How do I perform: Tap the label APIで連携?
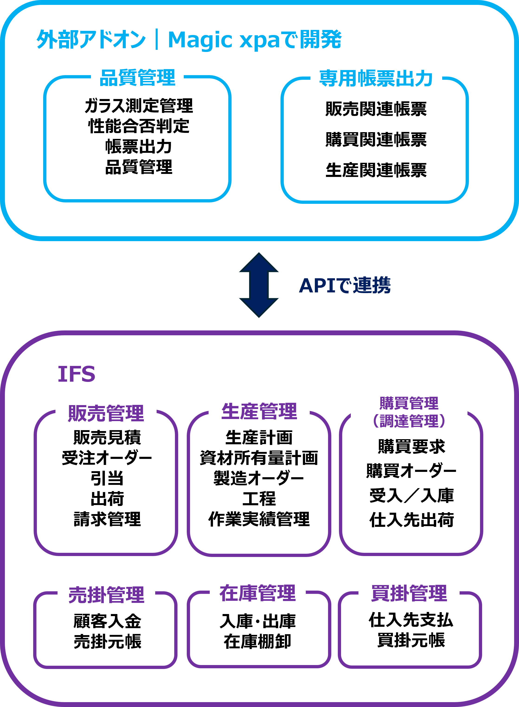coord(345,285)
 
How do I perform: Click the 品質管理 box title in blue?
coord(137,77)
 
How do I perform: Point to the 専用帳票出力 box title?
coord(376,78)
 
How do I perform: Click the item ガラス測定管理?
coord(139,106)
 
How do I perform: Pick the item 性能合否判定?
coord(139,126)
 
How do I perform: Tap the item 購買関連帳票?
coord(376,139)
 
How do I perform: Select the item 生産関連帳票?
coord(376,170)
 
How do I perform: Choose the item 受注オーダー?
coord(107,458)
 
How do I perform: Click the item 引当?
coord(107,478)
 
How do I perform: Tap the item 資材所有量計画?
coord(259,458)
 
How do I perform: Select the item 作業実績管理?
coord(259,519)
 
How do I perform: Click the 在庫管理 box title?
coord(258,593)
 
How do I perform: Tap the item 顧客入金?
coord(107,621)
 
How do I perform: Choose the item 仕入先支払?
coord(411,620)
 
